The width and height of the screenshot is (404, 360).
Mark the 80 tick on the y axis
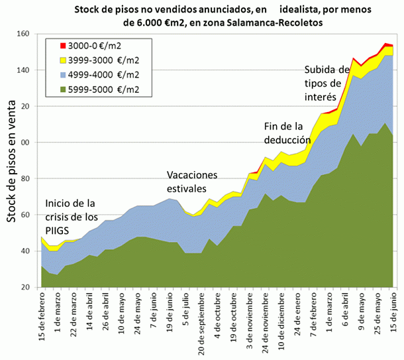[x=30, y=179]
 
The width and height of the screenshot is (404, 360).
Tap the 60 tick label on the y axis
[x=30, y=215]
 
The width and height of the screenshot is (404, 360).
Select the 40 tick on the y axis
[x=30, y=251]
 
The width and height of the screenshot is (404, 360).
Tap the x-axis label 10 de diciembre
[x=281, y=320]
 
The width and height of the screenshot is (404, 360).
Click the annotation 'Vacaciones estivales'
[x=192, y=182]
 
